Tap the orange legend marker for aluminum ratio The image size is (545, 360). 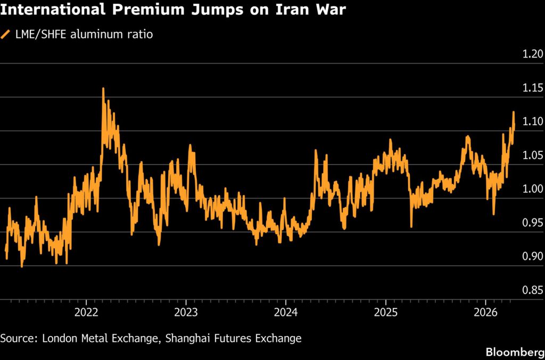point(6,35)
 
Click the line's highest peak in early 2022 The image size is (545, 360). point(103,89)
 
